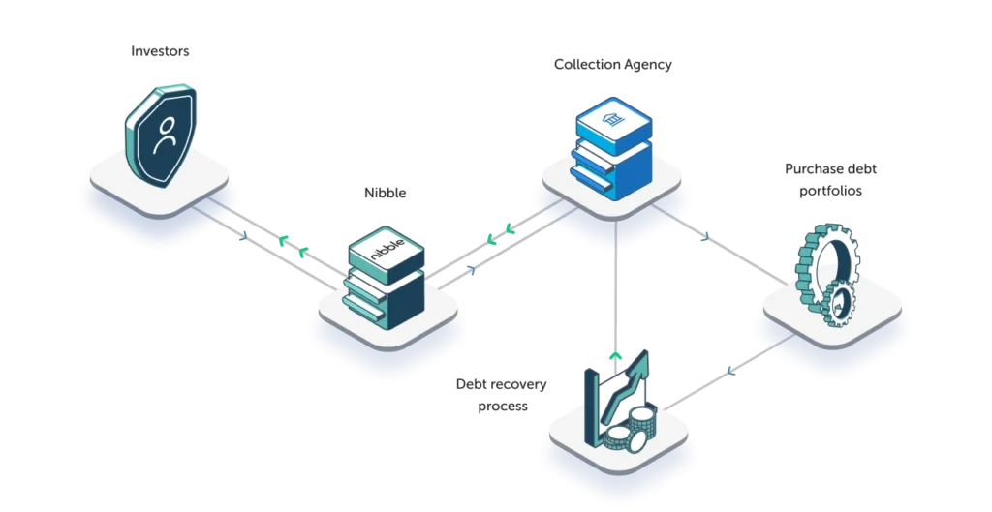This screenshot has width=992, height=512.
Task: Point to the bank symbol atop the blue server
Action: pos(611,119)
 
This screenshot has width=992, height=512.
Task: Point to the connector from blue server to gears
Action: pos(717,242)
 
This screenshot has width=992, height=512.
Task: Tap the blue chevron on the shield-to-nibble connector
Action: pos(243,231)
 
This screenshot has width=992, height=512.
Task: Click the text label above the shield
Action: pos(159,51)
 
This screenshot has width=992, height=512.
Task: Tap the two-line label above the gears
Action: pos(832,179)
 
